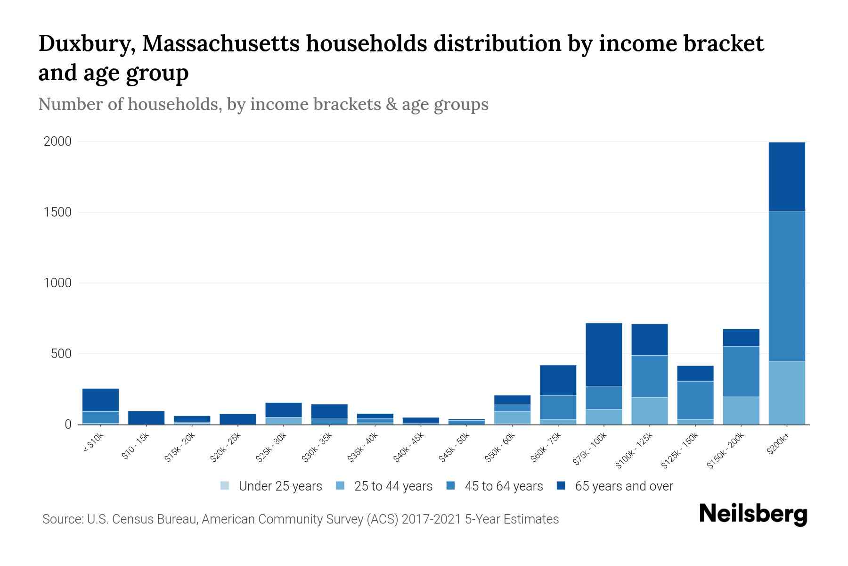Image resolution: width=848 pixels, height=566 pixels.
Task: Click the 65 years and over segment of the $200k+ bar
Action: coord(786,176)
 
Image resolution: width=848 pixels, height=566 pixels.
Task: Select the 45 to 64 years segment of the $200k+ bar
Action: coord(786,286)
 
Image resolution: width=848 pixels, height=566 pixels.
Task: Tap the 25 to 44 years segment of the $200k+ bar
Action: coord(786,392)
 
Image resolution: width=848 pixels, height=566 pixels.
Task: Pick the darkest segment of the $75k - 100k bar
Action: coord(603,354)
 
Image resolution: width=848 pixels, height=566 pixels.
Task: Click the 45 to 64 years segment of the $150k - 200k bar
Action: coord(741,371)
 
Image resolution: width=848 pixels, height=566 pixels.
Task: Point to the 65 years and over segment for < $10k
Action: coord(100,400)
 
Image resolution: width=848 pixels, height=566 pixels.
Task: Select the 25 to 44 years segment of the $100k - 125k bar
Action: coord(649,410)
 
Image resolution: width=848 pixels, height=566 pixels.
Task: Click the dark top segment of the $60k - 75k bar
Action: coord(558,380)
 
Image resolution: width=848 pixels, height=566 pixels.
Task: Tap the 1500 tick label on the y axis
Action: coord(57,212)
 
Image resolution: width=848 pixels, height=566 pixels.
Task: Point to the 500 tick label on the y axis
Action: coord(61,354)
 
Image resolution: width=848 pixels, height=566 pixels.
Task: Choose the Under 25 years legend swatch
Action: coord(225,485)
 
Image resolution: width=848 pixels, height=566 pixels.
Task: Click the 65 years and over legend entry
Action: coord(623,486)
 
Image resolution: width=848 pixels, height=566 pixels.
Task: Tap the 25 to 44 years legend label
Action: coord(393,486)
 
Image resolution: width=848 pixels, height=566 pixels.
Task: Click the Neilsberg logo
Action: coord(753,514)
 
